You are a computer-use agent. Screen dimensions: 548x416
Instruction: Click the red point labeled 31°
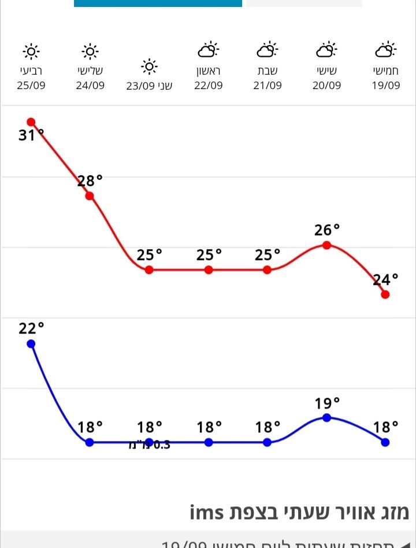coord(31,122)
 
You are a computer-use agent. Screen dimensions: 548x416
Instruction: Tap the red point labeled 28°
coord(90,196)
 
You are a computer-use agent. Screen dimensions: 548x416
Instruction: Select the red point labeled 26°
coord(326,245)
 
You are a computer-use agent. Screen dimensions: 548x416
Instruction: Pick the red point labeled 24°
coord(385,294)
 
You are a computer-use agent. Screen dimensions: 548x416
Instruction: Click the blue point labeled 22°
coord(31,344)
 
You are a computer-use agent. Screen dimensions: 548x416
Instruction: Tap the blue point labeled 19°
coord(326,417)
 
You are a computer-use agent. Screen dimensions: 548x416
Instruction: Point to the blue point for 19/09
coord(385,442)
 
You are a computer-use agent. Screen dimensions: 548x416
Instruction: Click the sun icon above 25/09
coord(31,52)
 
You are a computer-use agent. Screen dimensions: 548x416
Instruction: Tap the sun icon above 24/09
coord(90,52)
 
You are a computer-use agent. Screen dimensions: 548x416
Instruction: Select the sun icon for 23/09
coord(149,67)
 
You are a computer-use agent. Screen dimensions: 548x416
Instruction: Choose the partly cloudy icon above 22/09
coord(208,51)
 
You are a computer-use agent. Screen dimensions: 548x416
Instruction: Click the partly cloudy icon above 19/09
coord(385,51)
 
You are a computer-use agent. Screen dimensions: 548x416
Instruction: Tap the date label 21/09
coord(268,86)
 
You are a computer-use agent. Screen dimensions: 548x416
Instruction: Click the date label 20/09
coord(326,86)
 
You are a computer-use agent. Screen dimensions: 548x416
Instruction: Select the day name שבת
coord(268,71)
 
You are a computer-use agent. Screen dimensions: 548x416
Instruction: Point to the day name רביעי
coord(31,71)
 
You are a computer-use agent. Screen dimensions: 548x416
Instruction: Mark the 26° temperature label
coord(327,230)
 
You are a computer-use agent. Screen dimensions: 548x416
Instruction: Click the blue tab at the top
coord(158,3)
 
